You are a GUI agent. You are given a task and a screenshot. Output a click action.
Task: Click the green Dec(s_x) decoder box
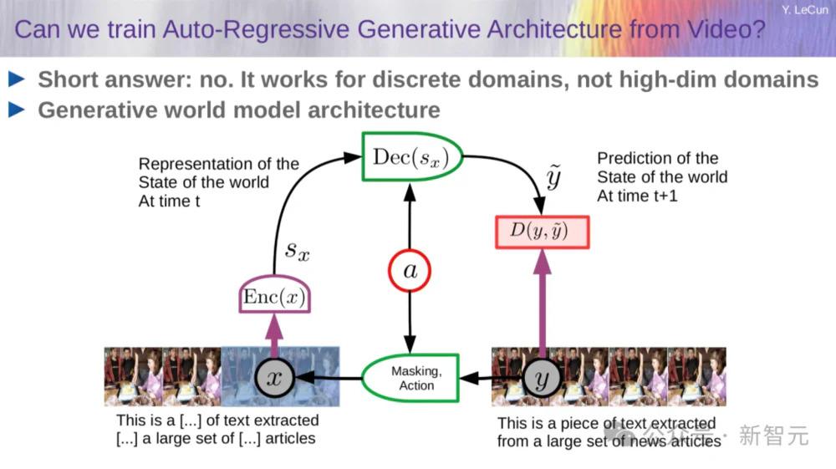click(x=411, y=156)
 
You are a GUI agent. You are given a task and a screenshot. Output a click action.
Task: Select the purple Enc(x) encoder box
click(x=274, y=295)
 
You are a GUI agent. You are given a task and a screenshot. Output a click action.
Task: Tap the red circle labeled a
click(x=410, y=271)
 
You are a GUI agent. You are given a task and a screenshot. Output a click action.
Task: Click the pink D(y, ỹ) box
click(x=543, y=232)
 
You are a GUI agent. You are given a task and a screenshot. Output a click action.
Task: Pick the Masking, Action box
click(x=410, y=378)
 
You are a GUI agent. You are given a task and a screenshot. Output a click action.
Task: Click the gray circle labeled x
click(x=274, y=378)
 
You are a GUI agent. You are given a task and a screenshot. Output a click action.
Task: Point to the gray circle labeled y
click(x=542, y=379)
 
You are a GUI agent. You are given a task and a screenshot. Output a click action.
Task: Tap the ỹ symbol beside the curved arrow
click(x=554, y=177)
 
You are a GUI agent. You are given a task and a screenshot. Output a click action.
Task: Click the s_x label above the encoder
click(x=297, y=251)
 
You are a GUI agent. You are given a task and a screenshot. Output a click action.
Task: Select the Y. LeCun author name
click(x=804, y=9)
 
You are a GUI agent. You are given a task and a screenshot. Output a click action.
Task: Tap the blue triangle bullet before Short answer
click(x=17, y=79)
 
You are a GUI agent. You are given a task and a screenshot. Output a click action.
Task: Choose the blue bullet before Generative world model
click(x=17, y=110)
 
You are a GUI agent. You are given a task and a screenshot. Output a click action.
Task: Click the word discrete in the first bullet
click(x=417, y=79)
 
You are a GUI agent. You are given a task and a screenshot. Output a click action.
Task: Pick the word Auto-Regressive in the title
click(x=255, y=29)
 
